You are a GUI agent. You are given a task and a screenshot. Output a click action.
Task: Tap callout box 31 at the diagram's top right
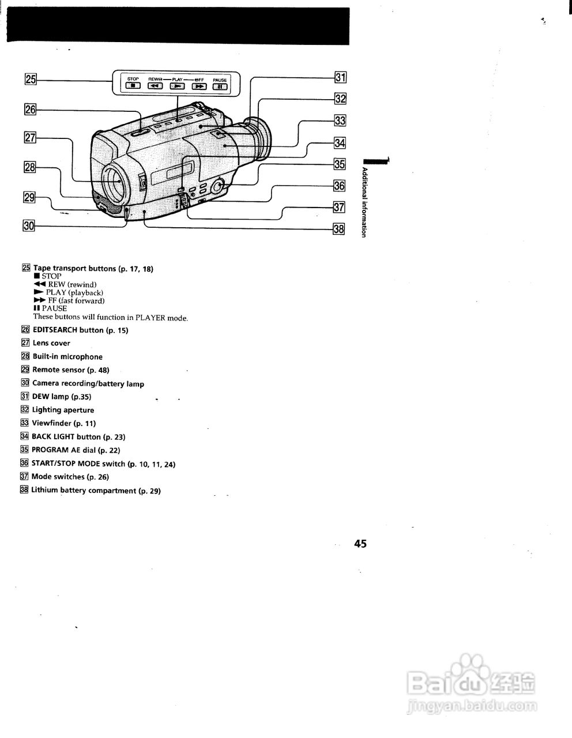(x=340, y=77)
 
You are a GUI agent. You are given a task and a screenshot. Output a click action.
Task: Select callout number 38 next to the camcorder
(x=339, y=229)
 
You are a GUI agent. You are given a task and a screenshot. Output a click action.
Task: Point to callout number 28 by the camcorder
(x=29, y=167)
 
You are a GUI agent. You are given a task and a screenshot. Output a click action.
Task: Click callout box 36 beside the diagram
(x=339, y=186)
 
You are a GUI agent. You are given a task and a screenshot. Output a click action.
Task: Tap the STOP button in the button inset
(x=133, y=86)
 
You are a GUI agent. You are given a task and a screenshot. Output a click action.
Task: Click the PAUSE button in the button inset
(x=220, y=86)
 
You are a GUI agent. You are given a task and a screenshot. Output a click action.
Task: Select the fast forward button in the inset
(x=199, y=86)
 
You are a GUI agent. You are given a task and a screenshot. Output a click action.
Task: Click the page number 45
(x=361, y=543)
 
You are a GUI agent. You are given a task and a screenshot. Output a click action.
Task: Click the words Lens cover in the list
(x=51, y=343)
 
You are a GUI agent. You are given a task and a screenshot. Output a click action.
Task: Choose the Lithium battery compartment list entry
(x=95, y=491)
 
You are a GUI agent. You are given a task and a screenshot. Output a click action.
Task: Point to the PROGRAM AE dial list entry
(x=76, y=450)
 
